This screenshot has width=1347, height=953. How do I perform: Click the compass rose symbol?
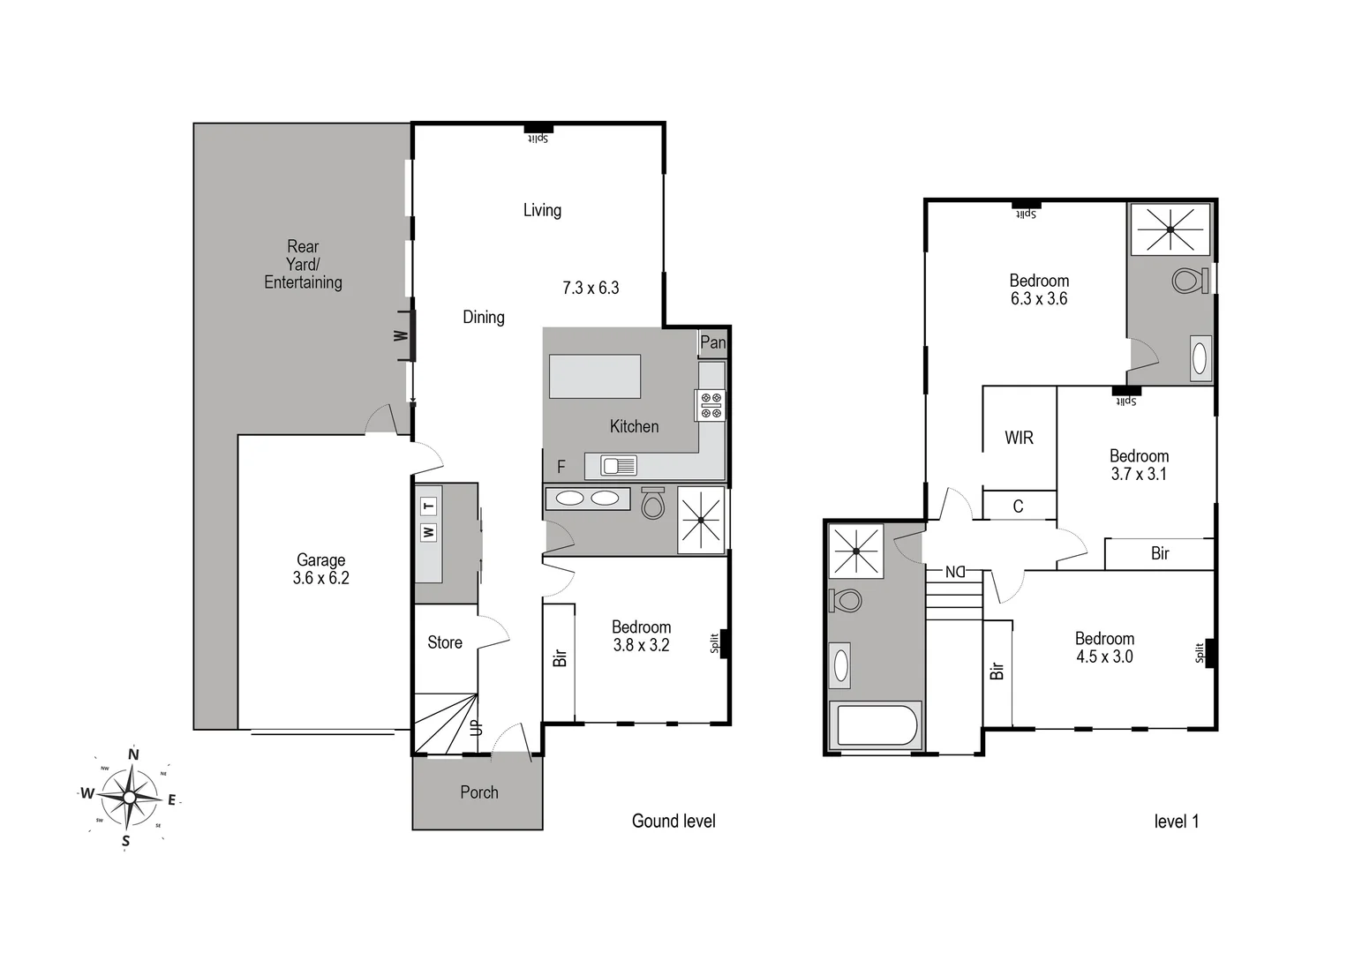(130, 797)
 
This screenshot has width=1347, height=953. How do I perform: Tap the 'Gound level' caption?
(673, 821)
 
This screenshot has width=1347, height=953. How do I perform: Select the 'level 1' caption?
(1176, 822)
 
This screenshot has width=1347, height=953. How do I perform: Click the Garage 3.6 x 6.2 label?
(320, 569)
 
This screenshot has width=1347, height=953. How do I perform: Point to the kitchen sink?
(619, 464)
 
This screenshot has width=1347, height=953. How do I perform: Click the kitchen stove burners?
(711, 405)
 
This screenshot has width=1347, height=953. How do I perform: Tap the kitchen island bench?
(595, 377)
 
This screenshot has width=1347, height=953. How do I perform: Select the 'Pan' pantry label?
(712, 342)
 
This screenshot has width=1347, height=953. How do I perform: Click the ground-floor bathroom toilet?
(652, 503)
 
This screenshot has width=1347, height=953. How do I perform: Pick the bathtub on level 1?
(878, 725)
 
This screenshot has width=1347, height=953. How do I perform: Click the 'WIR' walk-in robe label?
(1019, 438)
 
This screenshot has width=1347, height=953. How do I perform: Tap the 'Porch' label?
(478, 792)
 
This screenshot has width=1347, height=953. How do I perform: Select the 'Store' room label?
(445, 642)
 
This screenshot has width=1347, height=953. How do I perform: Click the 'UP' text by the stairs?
(477, 728)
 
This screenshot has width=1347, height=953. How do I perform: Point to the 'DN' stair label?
(955, 572)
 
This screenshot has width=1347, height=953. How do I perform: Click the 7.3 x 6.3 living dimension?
(591, 288)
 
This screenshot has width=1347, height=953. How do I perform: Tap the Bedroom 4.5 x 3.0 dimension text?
(1104, 657)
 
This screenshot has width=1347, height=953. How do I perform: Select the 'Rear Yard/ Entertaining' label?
(303, 264)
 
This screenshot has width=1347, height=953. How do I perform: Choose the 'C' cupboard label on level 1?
(1018, 506)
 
